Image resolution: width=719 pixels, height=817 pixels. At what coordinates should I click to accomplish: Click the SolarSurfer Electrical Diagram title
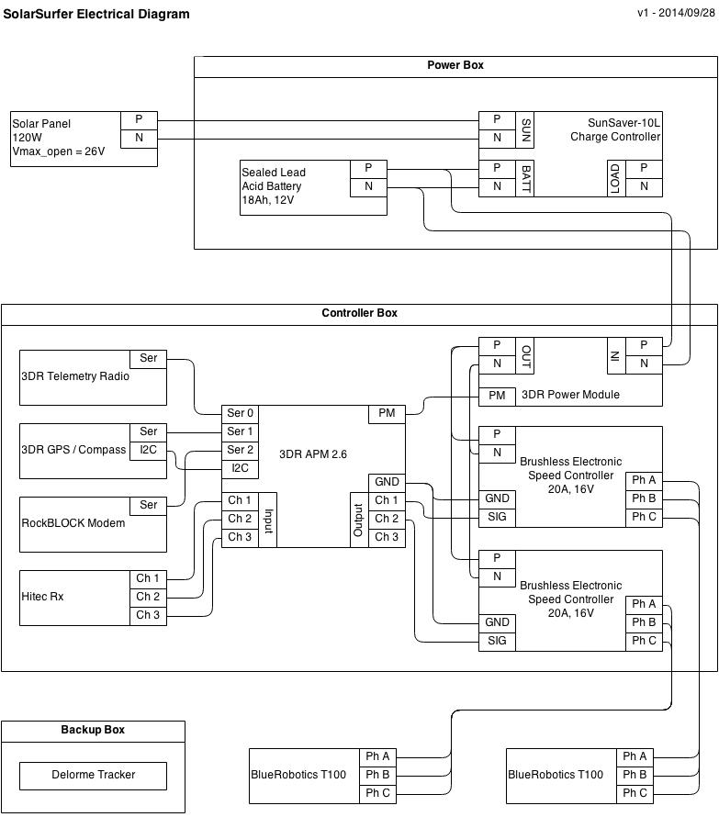[96, 14]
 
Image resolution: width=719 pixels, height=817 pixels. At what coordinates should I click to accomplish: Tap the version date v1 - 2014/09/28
[675, 13]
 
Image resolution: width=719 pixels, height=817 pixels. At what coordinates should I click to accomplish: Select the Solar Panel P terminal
[139, 120]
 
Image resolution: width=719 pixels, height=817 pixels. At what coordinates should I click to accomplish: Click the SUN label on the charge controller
[525, 129]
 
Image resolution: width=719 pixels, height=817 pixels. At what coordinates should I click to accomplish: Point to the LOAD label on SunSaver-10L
[615, 178]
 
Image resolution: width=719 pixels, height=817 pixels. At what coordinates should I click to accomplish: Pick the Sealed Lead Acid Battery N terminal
[368, 186]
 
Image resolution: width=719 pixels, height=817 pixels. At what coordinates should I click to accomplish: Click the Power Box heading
[455, 65]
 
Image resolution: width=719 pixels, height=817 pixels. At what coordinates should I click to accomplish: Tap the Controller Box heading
[359, 313]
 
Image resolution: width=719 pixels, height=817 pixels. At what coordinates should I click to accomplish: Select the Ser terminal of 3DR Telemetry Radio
[148, 358]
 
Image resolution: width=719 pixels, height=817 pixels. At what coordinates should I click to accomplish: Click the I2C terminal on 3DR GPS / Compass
[148, 450]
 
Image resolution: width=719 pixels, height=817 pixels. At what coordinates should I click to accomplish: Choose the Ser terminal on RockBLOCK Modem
[148, 505]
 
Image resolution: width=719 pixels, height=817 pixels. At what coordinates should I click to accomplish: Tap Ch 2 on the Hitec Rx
[148, 597]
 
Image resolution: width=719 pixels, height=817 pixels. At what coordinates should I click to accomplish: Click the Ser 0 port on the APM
[240, 413]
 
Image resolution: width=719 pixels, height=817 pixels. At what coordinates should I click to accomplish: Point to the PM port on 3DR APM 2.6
[387, 413]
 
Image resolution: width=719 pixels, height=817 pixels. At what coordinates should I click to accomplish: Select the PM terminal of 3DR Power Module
[497, 396]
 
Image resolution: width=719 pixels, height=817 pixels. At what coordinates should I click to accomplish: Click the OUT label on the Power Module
[525, 353]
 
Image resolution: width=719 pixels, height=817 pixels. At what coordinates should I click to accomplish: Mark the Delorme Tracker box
[93, 775]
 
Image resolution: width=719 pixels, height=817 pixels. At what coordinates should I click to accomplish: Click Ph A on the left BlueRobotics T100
[377, 757]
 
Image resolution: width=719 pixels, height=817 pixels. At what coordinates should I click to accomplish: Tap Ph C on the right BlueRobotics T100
[635, 793]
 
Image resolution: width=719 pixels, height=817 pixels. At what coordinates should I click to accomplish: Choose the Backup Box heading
[93, 730]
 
